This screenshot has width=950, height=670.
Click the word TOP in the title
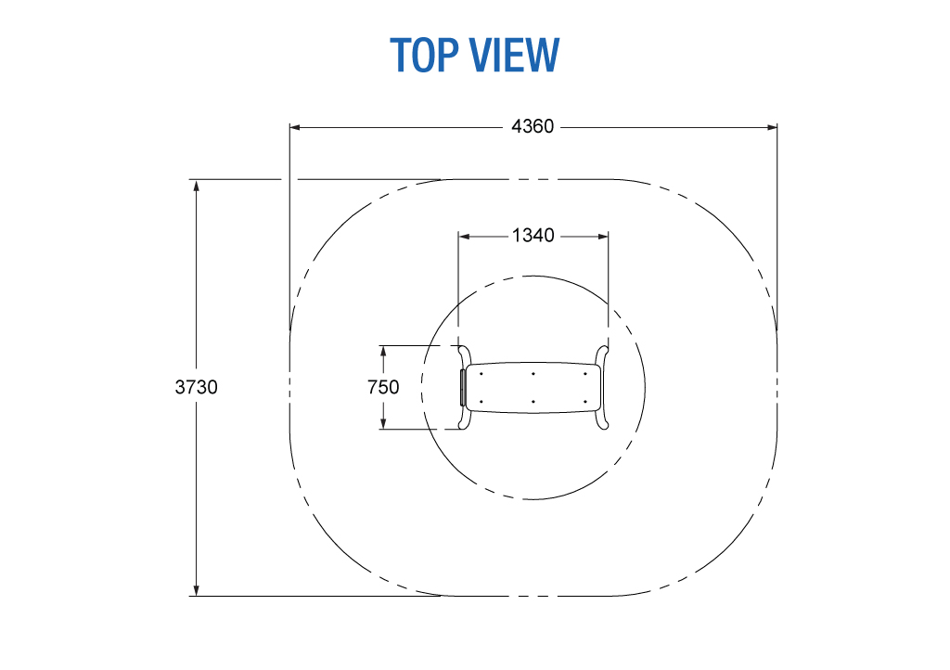pos(424,55)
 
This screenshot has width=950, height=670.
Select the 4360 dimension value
pos(533,126)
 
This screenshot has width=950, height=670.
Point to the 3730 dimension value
pos(197,386)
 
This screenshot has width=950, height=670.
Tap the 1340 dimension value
pos(533,235)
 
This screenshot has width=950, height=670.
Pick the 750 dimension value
pos(383,386)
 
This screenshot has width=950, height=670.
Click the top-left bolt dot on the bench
pos(481,374)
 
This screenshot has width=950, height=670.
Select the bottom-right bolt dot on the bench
pos(585,401)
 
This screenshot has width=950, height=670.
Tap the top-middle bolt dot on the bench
pos(533,374)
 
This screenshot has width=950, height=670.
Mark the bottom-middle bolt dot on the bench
pos(533,401)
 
